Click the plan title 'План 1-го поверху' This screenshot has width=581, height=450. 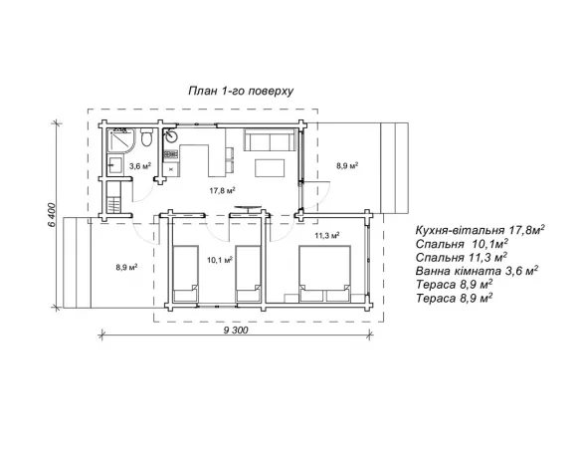(241, 92)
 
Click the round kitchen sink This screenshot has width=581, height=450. (171, 135)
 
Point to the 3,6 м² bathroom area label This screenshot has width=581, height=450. (140, 166)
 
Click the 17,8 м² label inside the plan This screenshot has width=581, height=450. (223, 191)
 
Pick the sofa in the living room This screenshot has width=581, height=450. (271, 139)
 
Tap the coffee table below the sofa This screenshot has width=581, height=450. (270, 168)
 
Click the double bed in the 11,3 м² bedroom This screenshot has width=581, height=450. (324, 274)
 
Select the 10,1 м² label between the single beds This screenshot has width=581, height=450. (220, 260)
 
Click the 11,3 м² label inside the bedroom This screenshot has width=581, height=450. (327, 235)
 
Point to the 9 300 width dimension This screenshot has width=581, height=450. (236, 331)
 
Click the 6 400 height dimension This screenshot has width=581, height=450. (52, 215)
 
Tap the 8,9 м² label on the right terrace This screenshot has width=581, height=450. (347, 165)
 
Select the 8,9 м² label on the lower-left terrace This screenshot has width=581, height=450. (126, 267)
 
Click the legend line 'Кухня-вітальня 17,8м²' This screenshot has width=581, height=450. (481, 230)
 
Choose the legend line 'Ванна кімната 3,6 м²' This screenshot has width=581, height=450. (477, 271)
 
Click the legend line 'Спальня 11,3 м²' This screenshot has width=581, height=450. (462, 257)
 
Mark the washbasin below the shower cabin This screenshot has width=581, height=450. (115, 165)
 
